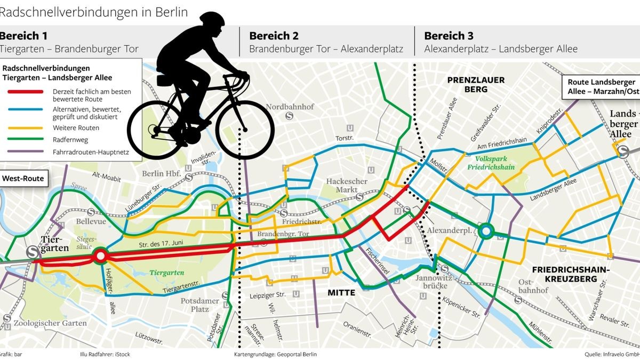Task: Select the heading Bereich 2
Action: coord(274,36)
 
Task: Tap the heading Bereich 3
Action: coord(449,36)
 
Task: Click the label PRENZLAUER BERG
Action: coord(476,84)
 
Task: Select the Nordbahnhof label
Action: coord(290,106)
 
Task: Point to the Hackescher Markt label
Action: coord(347,186)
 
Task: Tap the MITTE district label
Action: coord(341,292)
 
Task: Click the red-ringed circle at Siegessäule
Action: coord(100,257)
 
